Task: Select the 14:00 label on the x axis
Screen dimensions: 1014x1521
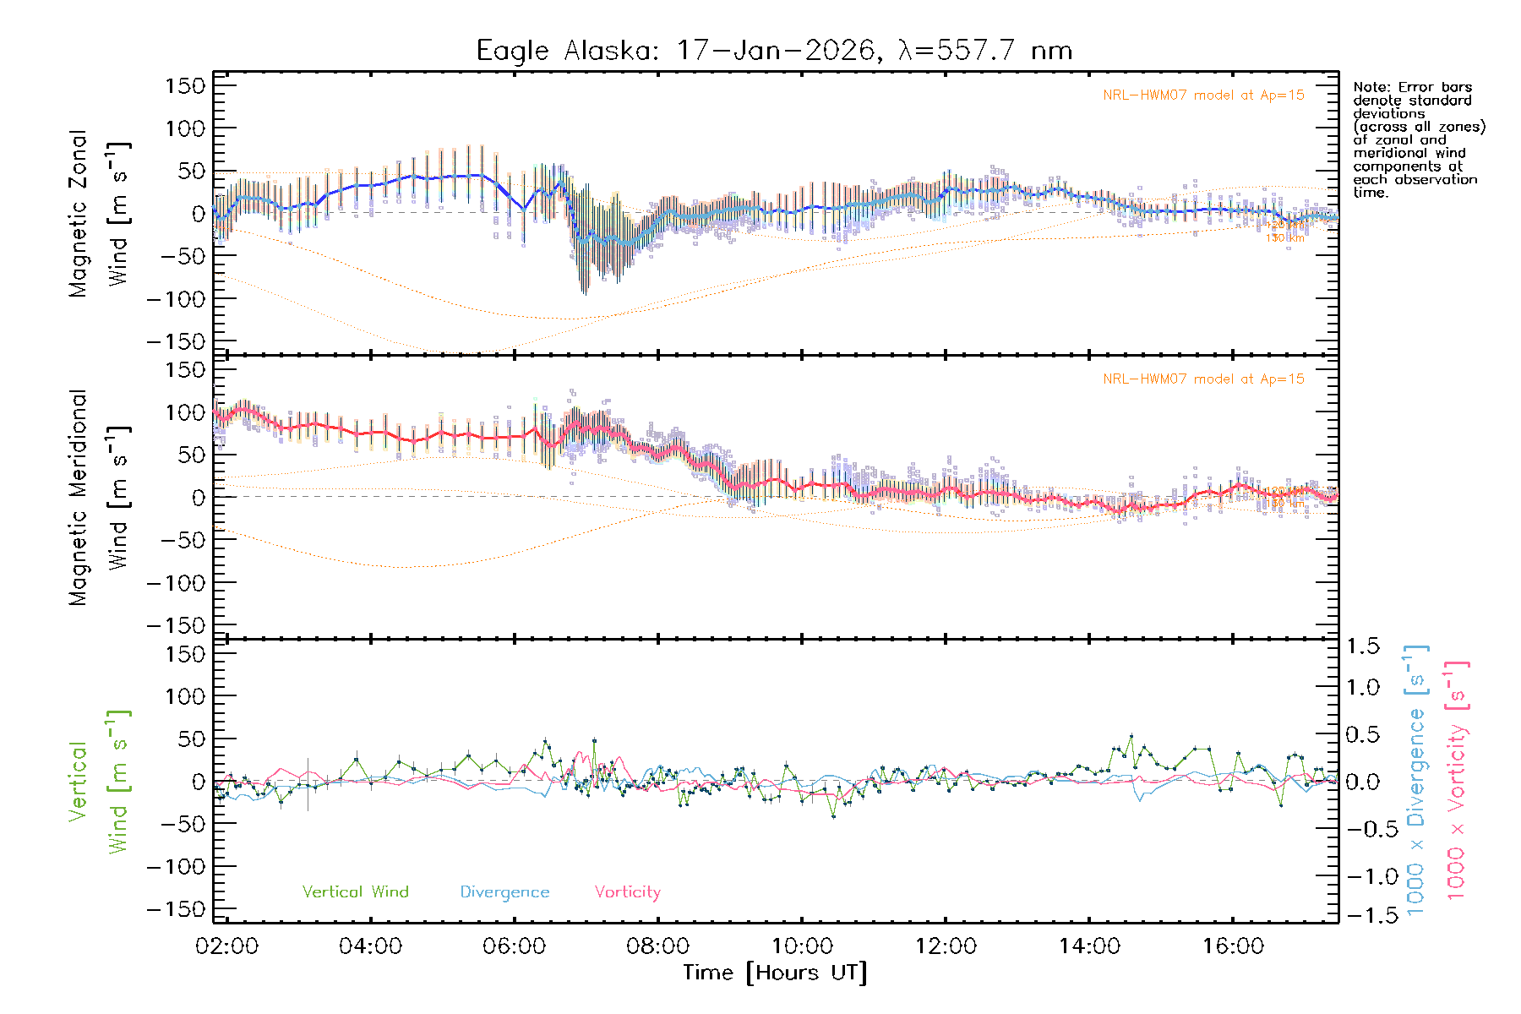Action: [1089, 946]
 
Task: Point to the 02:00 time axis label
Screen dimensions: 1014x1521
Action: [226, 946]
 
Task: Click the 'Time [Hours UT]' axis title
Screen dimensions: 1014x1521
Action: [775, 973]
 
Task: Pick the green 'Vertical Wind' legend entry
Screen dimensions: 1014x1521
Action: [355, 892]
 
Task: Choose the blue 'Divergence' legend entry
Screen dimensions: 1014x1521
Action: [504, 892]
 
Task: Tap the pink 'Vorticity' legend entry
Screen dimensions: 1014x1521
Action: [627, 892]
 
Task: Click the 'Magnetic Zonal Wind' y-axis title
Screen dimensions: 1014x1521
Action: [100, 214]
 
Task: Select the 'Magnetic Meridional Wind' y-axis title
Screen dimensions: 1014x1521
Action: [100, 498]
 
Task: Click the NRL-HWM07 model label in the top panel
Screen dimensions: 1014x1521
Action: [1203, 95]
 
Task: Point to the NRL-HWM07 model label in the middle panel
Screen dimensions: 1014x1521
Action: [1203, 379]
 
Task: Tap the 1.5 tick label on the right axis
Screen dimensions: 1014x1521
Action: [1362, 646]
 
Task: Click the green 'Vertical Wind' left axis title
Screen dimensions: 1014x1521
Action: [100, 782]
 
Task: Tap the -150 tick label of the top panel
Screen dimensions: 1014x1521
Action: [176, 341]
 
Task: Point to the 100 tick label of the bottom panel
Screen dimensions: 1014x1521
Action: [185, 696]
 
